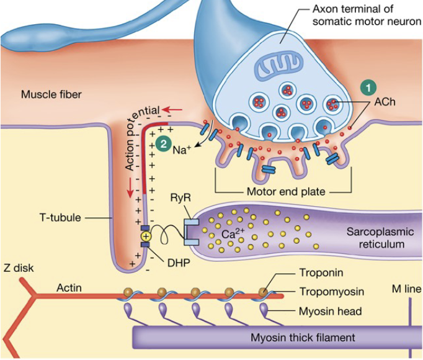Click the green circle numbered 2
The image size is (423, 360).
click(x=162, y=143)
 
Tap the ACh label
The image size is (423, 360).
click(x=384, y=102)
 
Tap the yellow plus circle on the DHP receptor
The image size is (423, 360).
click(x=146, y=236)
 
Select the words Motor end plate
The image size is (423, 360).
click(x=285, y=192)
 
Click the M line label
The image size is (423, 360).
click(x=404, y=289)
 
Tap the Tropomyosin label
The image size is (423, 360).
click(x=331, y=291)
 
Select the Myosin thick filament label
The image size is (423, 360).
click(x=303, y=338)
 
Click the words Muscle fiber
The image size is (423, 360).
click(x=51, y=94)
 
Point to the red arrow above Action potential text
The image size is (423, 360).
click(x=172, y=110)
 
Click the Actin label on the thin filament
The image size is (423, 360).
click(x=69, y=287)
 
